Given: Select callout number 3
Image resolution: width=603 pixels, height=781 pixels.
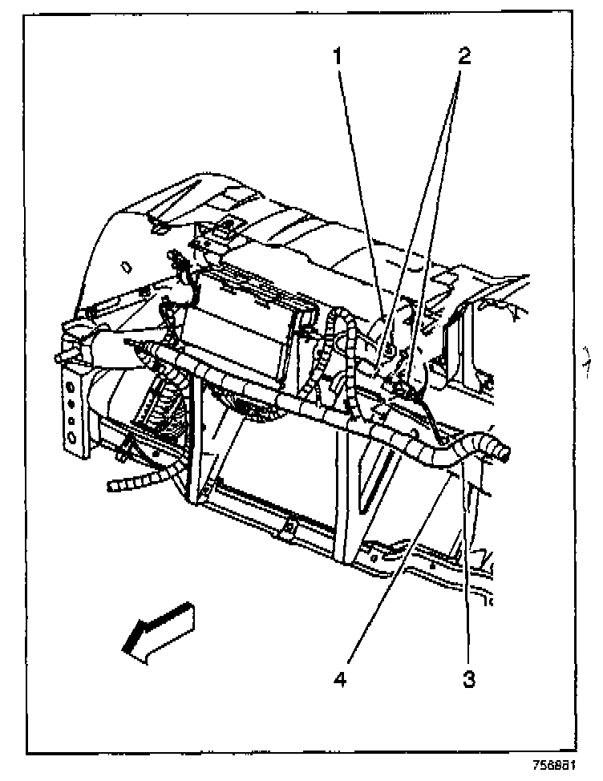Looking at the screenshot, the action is pyautogui.click(x=469, y=680).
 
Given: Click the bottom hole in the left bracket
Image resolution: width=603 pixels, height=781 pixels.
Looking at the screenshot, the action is pyautogui.click(x=73, y=438).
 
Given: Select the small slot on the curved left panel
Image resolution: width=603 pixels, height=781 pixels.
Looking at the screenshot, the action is pyautogui.click(x=125, y=265).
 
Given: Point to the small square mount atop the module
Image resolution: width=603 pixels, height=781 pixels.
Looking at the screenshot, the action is pyautogui.click(x=229, y=227).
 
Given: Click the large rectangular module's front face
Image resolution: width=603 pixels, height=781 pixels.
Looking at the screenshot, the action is pyautogui.click(x=233, y=337).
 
